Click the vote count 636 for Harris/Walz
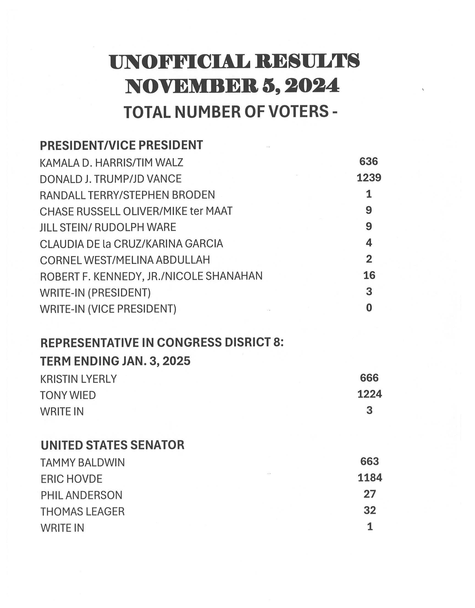[369, 162]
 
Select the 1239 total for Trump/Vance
[369, 178]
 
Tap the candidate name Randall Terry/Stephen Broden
[127, 195]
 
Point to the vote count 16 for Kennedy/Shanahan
[369, 275]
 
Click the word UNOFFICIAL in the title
[179, 62]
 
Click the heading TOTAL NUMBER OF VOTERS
[230, 112]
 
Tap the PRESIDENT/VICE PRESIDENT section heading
[121, 145]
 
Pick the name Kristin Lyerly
[78, 379]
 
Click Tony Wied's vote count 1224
[369, 394]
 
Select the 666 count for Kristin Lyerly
[369, 378]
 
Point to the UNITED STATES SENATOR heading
[112, 445]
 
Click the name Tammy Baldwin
[82, 463]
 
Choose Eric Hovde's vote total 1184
[370, 478]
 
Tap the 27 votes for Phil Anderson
[370, 494]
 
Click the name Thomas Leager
[82, 512]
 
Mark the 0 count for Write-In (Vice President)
[369, 308]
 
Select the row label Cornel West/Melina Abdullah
[125, 260]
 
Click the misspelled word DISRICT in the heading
[247, 343]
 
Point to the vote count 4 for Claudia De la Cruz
[369, 243]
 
